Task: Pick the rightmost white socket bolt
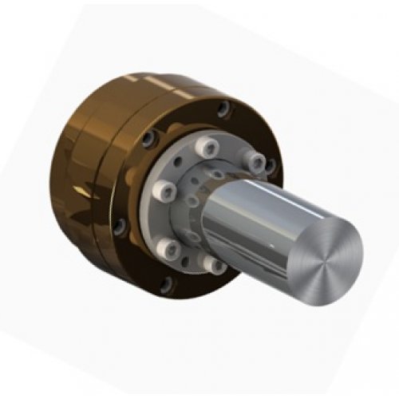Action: tap(254, 162)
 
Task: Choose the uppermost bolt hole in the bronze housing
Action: tap(225, 109)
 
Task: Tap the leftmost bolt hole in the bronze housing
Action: tap(120, 226)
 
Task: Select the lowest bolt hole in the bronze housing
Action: tap(166, 283)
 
